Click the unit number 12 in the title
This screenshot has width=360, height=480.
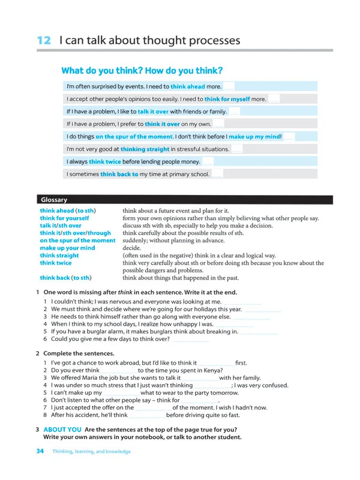[x=43, y=41]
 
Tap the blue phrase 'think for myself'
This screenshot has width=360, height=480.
[x=227, y=99]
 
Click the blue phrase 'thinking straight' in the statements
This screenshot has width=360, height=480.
[x=145, y=149]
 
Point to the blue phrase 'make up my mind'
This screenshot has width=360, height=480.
[x=253, y=137]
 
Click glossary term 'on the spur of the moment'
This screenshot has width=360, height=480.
[x=77, y=241]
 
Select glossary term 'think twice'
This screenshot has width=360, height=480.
[x=56, y=263]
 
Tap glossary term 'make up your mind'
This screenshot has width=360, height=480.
[x=67, y=248]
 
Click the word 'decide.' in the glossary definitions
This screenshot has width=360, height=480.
[x=132, y=248]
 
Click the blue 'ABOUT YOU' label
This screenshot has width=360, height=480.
[x=62, y=430]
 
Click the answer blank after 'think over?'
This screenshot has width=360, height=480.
[x=191, y=340]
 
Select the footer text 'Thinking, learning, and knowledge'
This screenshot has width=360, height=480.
[x=91, y=452]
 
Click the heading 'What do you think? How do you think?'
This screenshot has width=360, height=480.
[x=142, y=71]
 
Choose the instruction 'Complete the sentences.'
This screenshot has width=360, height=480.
[x=79, y=353]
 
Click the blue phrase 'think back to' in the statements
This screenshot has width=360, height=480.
[x=119, y=175]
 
